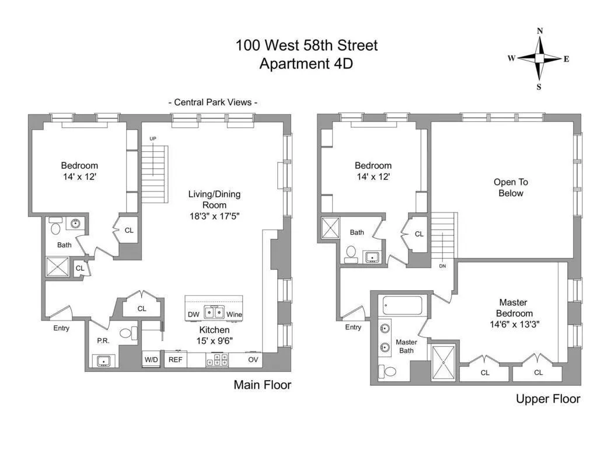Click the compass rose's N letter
coord(540,31)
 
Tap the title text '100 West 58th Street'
coord(306,45)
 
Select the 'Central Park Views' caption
coord(213,102)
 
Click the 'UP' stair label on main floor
coord(153,138)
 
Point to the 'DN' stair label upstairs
coord(442,266)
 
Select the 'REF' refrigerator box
coord(175,360)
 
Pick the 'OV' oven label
coord(253,360)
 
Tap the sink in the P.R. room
coord(103,360)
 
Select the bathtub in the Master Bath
coord(402,305)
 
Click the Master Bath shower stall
coord(444,363)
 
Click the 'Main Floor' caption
coord(262,385)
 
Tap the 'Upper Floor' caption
coord(547,399)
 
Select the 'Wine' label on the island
coord(234,315)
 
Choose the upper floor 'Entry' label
coord(352,327)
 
